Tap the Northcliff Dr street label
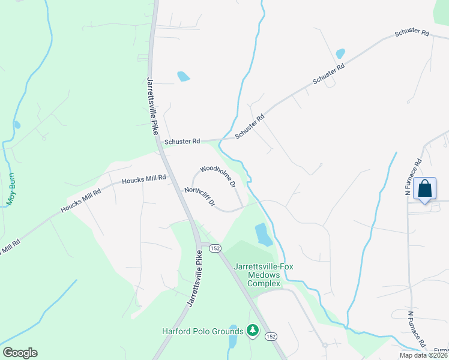point(199,196)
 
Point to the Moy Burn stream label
point(10,190)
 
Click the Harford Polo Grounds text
point(202,331)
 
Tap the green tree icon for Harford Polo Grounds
point(253,331)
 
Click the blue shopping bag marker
point(424,188)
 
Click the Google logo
point(20,353)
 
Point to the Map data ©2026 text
point(422,355)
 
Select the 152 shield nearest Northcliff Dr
point(215,248)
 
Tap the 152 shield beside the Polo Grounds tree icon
point(271,337)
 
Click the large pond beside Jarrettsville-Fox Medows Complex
point(262,234)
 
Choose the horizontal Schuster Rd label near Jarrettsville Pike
point(181,142)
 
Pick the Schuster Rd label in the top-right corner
point(411,34)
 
